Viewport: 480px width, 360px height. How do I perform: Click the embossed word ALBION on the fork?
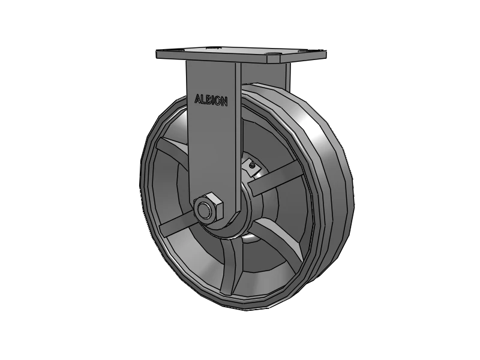(211, 100)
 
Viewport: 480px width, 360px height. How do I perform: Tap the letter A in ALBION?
(198, 98)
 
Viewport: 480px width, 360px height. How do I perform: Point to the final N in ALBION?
(224, 103)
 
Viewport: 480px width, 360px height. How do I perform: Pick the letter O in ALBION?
(218, 101)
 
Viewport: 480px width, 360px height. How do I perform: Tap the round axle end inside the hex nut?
(207, 210)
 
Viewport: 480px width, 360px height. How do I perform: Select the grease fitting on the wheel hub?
(252, 162)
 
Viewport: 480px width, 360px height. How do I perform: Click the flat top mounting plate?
(240, 55)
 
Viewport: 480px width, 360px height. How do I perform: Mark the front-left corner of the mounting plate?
(158, 58)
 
